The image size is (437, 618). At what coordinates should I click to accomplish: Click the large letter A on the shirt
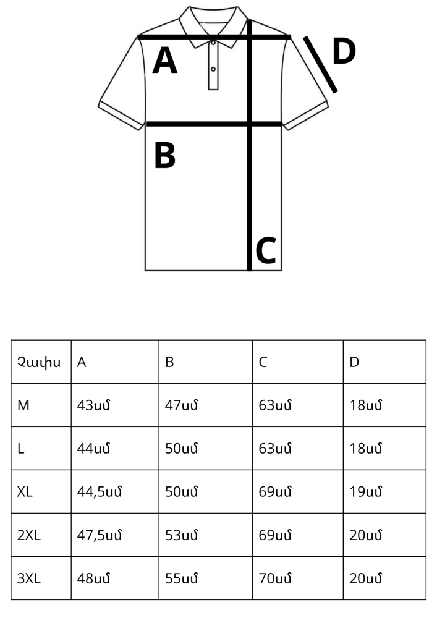(x=164, y=61)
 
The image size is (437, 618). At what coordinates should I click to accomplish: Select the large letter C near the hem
(x=266, y=250)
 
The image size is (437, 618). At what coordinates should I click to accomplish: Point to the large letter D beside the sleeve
(x=344, y=51)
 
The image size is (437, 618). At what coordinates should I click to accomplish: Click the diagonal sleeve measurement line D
(x=320, y=65)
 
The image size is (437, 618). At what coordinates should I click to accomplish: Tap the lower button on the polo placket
(x=213, y=69)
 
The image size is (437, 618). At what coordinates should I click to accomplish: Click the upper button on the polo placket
(x=213, y=42)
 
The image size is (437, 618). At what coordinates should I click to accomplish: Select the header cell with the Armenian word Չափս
(x=39, y=362)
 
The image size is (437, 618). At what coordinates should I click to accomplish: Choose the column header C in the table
(x=263, y=362)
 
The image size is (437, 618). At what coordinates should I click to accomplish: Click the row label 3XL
(x=29, y=578)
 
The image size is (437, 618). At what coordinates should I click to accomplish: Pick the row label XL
(x=25, y=492)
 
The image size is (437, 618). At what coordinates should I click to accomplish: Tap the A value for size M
(x=93, y=405)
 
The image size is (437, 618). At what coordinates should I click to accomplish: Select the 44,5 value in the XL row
(x=100, y=492)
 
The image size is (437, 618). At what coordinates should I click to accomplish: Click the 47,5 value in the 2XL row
(x=100, y=535)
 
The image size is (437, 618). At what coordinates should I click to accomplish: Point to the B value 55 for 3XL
(x=181, y=578)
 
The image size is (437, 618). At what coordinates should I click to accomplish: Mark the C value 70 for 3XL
(x=275, y=578)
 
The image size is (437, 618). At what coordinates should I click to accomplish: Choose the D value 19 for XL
(x=366, y=492)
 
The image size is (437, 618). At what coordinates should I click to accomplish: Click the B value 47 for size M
(x=181, y=405)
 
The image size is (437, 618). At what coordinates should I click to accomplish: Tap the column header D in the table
(x=354, y=362)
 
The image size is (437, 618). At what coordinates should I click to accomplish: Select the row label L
(x=21, y=449)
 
